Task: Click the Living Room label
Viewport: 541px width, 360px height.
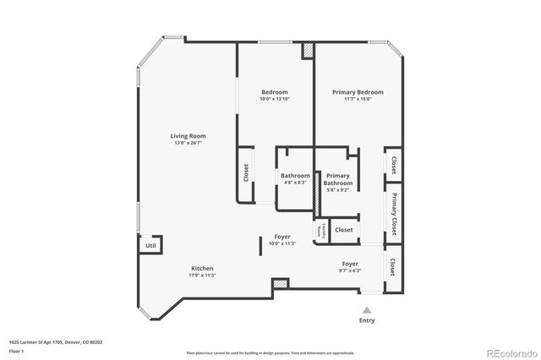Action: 189,135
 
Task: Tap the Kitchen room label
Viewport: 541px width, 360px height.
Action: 201,268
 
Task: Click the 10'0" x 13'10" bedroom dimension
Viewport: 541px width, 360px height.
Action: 274,99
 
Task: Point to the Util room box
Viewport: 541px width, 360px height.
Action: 150,245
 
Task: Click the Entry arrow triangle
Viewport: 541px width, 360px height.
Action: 367,310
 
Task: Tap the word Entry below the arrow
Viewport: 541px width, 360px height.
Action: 367,321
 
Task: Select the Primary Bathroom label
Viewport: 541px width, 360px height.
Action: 338,179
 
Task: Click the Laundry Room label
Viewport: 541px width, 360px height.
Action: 320,230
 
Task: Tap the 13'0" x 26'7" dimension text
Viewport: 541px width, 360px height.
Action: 189,143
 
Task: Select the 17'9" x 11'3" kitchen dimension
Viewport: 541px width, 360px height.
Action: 201,275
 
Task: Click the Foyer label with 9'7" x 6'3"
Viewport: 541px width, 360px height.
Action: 350,264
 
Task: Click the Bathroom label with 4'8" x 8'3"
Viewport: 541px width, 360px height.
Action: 295,176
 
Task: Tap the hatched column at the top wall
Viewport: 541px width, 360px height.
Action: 309,49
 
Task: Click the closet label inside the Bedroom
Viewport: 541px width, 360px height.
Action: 246,173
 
